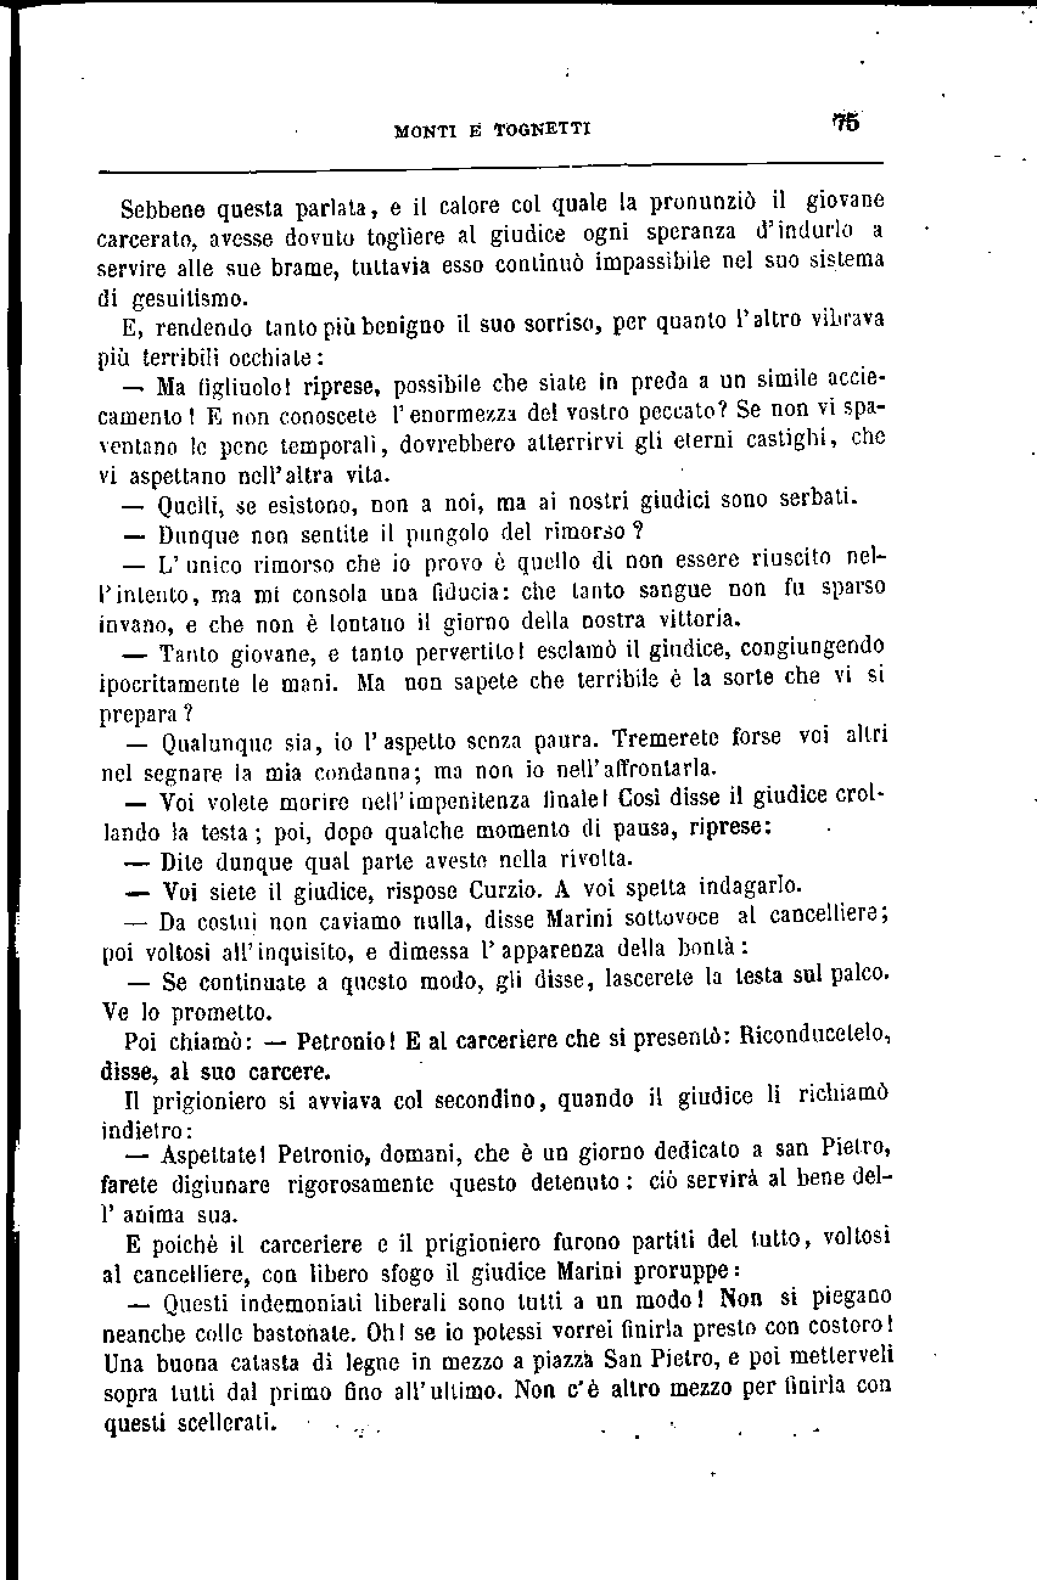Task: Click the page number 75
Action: (846, 123)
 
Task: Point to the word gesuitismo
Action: (190, 299)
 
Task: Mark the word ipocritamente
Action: (169, 683)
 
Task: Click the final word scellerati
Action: (226, 1422)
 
